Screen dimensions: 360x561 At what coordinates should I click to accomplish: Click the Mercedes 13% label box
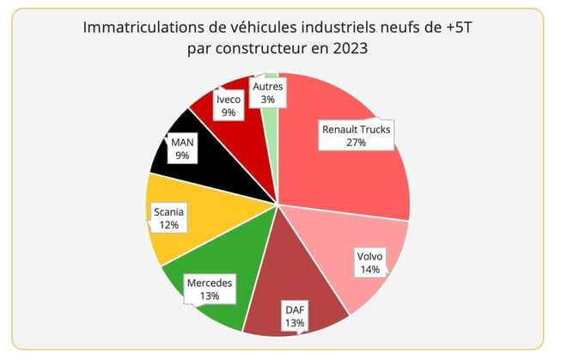[209, 289]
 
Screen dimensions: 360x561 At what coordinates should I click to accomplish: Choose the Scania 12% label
[168, 217]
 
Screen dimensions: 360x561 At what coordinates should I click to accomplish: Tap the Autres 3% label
[268, 93]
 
